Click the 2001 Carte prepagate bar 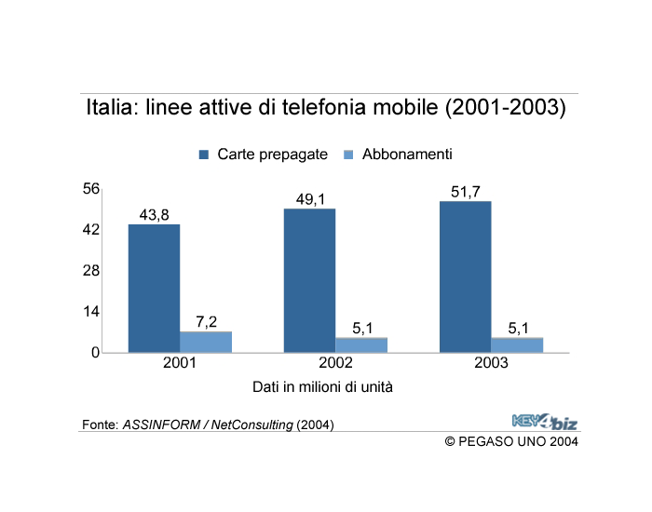point(154,288)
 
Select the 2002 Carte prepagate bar point(309,280)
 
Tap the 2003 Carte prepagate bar point(465,276)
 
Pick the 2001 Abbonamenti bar point(206,342)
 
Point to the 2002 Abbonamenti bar point(361,344)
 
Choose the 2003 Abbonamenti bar point(517,344)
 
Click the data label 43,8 point(154,215)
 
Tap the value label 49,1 point(309,199)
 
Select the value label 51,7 point(465,192)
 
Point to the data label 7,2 point(206,322)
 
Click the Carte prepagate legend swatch point(204,155)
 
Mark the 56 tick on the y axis point(91,189)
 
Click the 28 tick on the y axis point(91,271)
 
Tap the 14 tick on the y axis point(91,312)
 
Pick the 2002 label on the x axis point(335,363)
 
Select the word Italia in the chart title point(110,108)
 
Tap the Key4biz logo point(544,421)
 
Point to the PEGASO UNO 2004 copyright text point(511,440)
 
